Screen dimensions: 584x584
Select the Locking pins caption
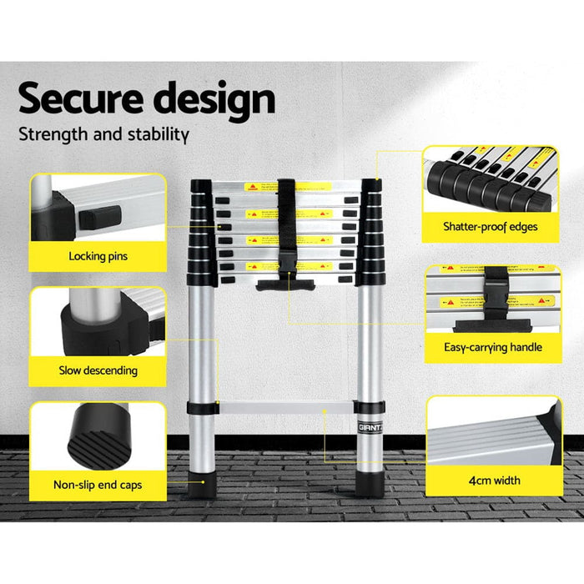coord(98,256)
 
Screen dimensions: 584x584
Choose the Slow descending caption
coord(98,370)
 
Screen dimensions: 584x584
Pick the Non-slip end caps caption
coord(98,483)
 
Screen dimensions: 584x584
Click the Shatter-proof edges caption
coord(491,226)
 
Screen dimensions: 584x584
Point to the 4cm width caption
coord(495,480)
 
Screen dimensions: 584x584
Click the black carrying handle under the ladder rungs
coord(286,285)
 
